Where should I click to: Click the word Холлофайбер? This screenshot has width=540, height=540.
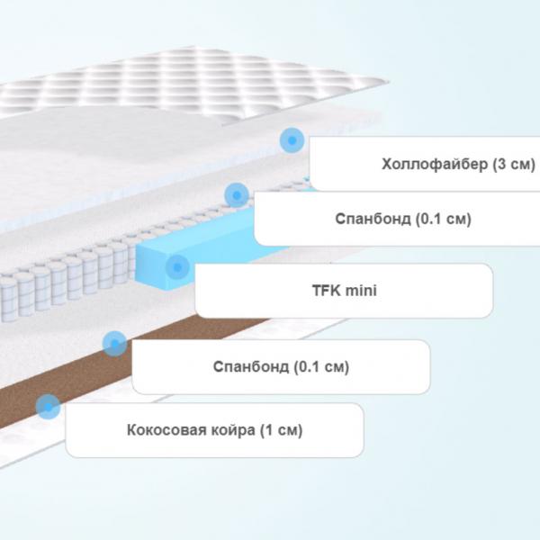pos(435,165)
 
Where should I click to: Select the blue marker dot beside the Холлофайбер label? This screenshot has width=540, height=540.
pos(292,140)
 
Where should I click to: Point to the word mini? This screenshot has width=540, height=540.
pos(361,291)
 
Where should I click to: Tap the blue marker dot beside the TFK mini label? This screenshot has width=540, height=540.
pos(177,267)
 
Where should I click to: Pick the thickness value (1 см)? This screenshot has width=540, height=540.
pos(282,430)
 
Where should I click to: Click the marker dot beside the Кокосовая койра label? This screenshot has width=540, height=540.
pos(48,407)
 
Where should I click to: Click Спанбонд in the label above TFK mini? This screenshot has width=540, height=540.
pos(373,219)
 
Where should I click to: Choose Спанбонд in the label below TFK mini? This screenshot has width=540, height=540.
pos(251,367)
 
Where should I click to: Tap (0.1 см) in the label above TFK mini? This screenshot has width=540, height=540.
pos(443,219)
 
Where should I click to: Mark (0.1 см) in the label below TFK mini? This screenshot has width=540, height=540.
pos(321,367)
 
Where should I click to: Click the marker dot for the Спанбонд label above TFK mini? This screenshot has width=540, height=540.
pos(237,195)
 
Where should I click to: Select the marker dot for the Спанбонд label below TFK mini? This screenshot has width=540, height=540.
pos(114,344)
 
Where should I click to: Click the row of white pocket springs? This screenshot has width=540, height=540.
pos(69,279)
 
